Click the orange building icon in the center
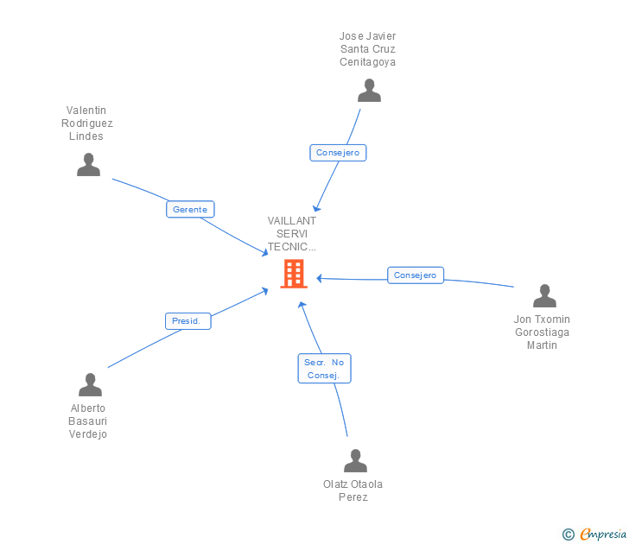(294, 274)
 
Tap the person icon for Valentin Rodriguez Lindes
(88, 164)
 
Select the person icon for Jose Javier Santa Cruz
(369, 91)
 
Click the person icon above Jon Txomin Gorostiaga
(544, 295)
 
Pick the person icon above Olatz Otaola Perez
(355, 461)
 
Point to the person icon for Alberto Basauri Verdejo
(90, 385)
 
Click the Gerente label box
(190, 209)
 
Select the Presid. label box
(187, 320)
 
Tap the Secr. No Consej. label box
(325, 369)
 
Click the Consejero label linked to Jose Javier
(338, 153)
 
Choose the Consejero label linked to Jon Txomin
(416, 275)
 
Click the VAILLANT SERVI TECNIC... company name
(292, 233)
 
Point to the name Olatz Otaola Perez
(353, 490)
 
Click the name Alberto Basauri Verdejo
(88, 421)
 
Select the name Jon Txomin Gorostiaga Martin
(543, 332)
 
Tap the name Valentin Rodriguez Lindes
(87, 123)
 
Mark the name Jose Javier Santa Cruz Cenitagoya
(368, 49)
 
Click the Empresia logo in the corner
(603, 534)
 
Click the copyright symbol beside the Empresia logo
(569, 535)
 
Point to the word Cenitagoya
(368, 62)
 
